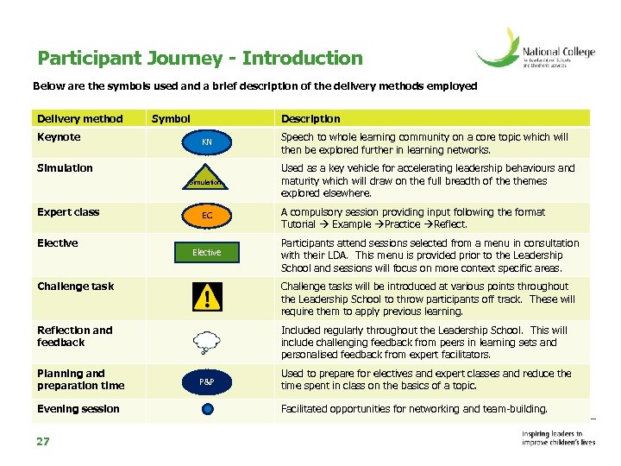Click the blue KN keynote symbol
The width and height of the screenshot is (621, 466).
click(207, 142)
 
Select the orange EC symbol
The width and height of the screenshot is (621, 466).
click(207, 215)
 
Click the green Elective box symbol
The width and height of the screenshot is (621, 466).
click(207, 252)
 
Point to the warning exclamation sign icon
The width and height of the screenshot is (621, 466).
click(207, 299)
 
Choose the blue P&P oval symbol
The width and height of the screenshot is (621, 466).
click(207, 381)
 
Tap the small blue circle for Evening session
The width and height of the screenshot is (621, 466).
click(207, 410)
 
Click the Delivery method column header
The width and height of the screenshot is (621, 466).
click(80, 119)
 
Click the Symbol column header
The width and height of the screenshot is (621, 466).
click(171, 119)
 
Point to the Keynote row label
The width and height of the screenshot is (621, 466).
click(59, 137)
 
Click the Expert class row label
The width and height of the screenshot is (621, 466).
click(68, 212)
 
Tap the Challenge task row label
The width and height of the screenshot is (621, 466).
click(76, 287)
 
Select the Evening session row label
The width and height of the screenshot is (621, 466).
click(78, 409)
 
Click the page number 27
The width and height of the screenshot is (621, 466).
click(43, 442)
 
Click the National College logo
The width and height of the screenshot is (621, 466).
click(536, 50)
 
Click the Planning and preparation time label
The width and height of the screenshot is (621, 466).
click(81, 380)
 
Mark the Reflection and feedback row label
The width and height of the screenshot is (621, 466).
click(74, 336)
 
